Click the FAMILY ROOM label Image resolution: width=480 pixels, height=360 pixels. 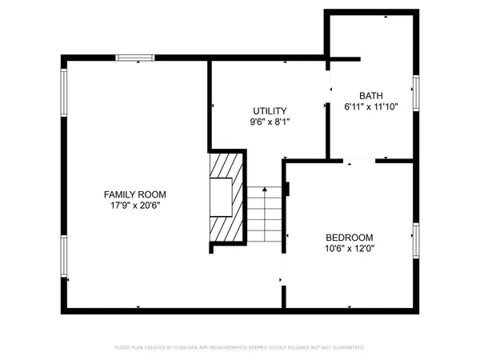click(135, 194)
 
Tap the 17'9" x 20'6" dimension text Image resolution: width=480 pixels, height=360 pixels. click(135, 206)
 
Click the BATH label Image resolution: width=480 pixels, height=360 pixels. click(370, 94)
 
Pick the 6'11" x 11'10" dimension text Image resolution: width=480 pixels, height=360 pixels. click(370, 106)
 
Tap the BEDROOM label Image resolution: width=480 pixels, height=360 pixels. click(350, 237)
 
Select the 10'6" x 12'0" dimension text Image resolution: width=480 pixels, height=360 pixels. click(350, 249)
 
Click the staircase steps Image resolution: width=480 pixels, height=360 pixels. click(265, 214)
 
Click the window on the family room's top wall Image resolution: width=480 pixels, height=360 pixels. click(134, 57)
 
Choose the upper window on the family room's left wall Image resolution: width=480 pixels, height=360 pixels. click(64, 92)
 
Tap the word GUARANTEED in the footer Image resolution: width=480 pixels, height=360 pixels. click(346, 348)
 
